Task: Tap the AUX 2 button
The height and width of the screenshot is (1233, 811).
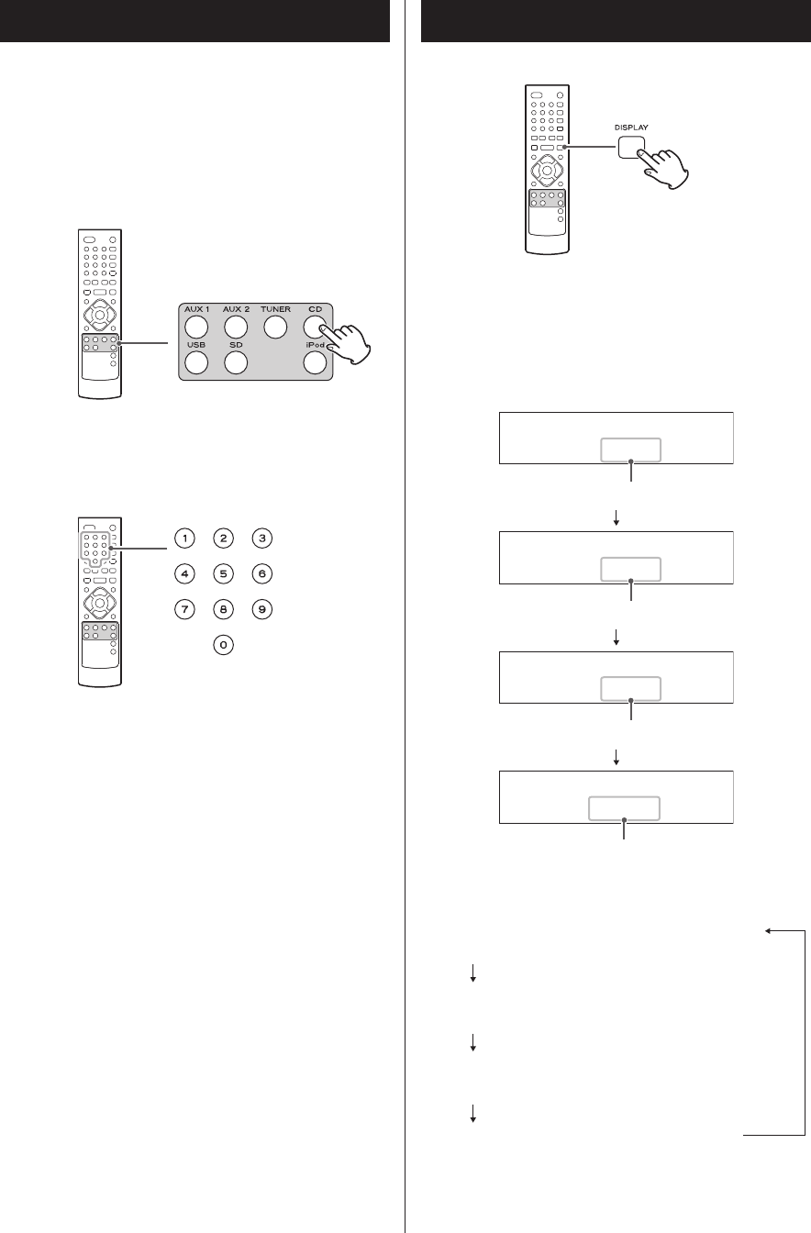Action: pyautogui.click(x=236, y=326)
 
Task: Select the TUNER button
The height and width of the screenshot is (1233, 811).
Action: pyautogui.click(x=275, y=326)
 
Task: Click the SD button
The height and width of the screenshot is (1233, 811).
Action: pyautogui.click(x=236, y=361)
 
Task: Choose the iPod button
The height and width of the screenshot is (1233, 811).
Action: pyautogui.click(x=315, y=361)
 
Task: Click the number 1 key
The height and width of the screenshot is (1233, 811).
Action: pyautogui.click(x=184, y=539)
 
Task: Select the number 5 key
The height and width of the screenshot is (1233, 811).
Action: pyautogui.click(x=223, y=574)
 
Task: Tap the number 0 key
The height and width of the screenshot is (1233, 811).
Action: pyautogui.click(x=223, y=646)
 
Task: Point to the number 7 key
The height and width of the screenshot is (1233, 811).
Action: pyautogui.click(x=184, y=610)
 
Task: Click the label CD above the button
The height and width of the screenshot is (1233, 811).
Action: pyautogui.click(x=315, y=309)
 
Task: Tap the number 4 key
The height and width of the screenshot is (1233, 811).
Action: pyautogui.click(x=184, y=574)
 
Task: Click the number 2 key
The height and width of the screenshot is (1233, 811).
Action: pyautogui.click(x=223, y=539)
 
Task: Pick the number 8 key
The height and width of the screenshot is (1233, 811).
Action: pyautogui.click(x=223, y=610)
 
